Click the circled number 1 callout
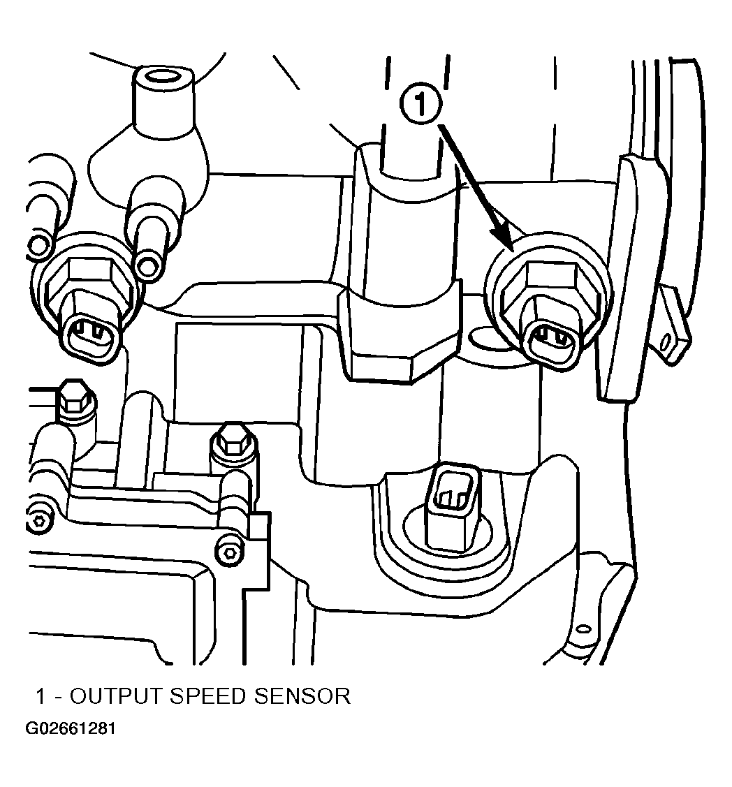point(420,105)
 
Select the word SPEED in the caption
point(207,696)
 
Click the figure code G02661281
point(71,728)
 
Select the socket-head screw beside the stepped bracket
point(230,552)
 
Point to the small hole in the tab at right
point(664,342)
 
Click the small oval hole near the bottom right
point(583,629)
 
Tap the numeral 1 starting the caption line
point(41,696)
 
